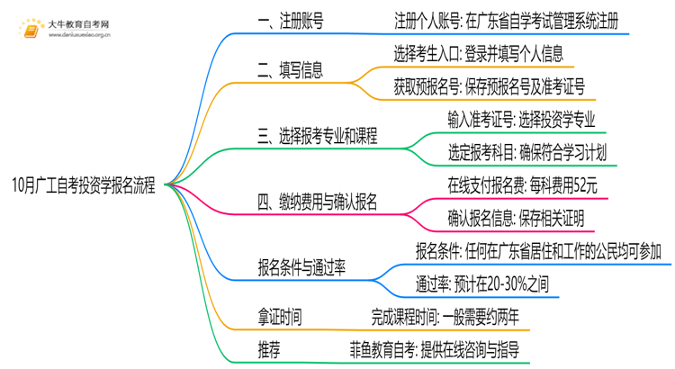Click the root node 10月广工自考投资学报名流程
[x=84, y=186]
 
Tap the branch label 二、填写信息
[x=290, y=69]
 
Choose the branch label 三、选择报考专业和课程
[x=317, y=136]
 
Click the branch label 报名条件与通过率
[x=301, y=267]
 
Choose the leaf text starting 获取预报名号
[x=489, y=86]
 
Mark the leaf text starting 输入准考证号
[x=521, y=119]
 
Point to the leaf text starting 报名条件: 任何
[x=543, y=250]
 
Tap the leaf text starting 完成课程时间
[x=445, y=316]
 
